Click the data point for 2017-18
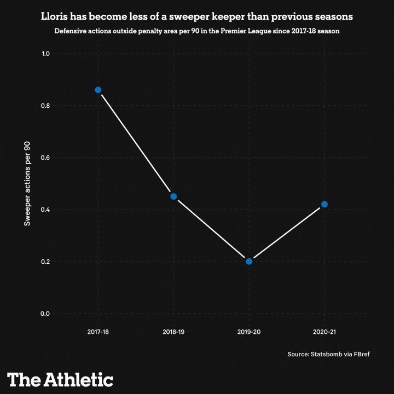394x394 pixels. (x=98, y=90)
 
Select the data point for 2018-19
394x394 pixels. (x=173, y=196)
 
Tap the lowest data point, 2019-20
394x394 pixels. (x=249, y=261)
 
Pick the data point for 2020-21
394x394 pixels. (x=325, y=204)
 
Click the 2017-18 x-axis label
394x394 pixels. (x=98, y=332)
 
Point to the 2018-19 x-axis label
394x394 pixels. (x=173, y=332)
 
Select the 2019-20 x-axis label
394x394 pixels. (x=249, y=332)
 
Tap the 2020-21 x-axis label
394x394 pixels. (x=325, y=332)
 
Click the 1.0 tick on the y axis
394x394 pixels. (x=45, y=54)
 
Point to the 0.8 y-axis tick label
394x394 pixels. (x=45, y=106)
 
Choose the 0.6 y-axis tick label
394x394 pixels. (x=45, y=158)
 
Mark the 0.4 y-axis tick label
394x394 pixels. (x=45, y=210)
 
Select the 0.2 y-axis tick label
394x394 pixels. (x=45, y=262)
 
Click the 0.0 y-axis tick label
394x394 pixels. (x=45, y=314)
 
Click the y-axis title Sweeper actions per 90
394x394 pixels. (x=27, y=183)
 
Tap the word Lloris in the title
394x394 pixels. (x=55, y=17)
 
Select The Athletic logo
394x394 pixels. (x=60, y=379)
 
